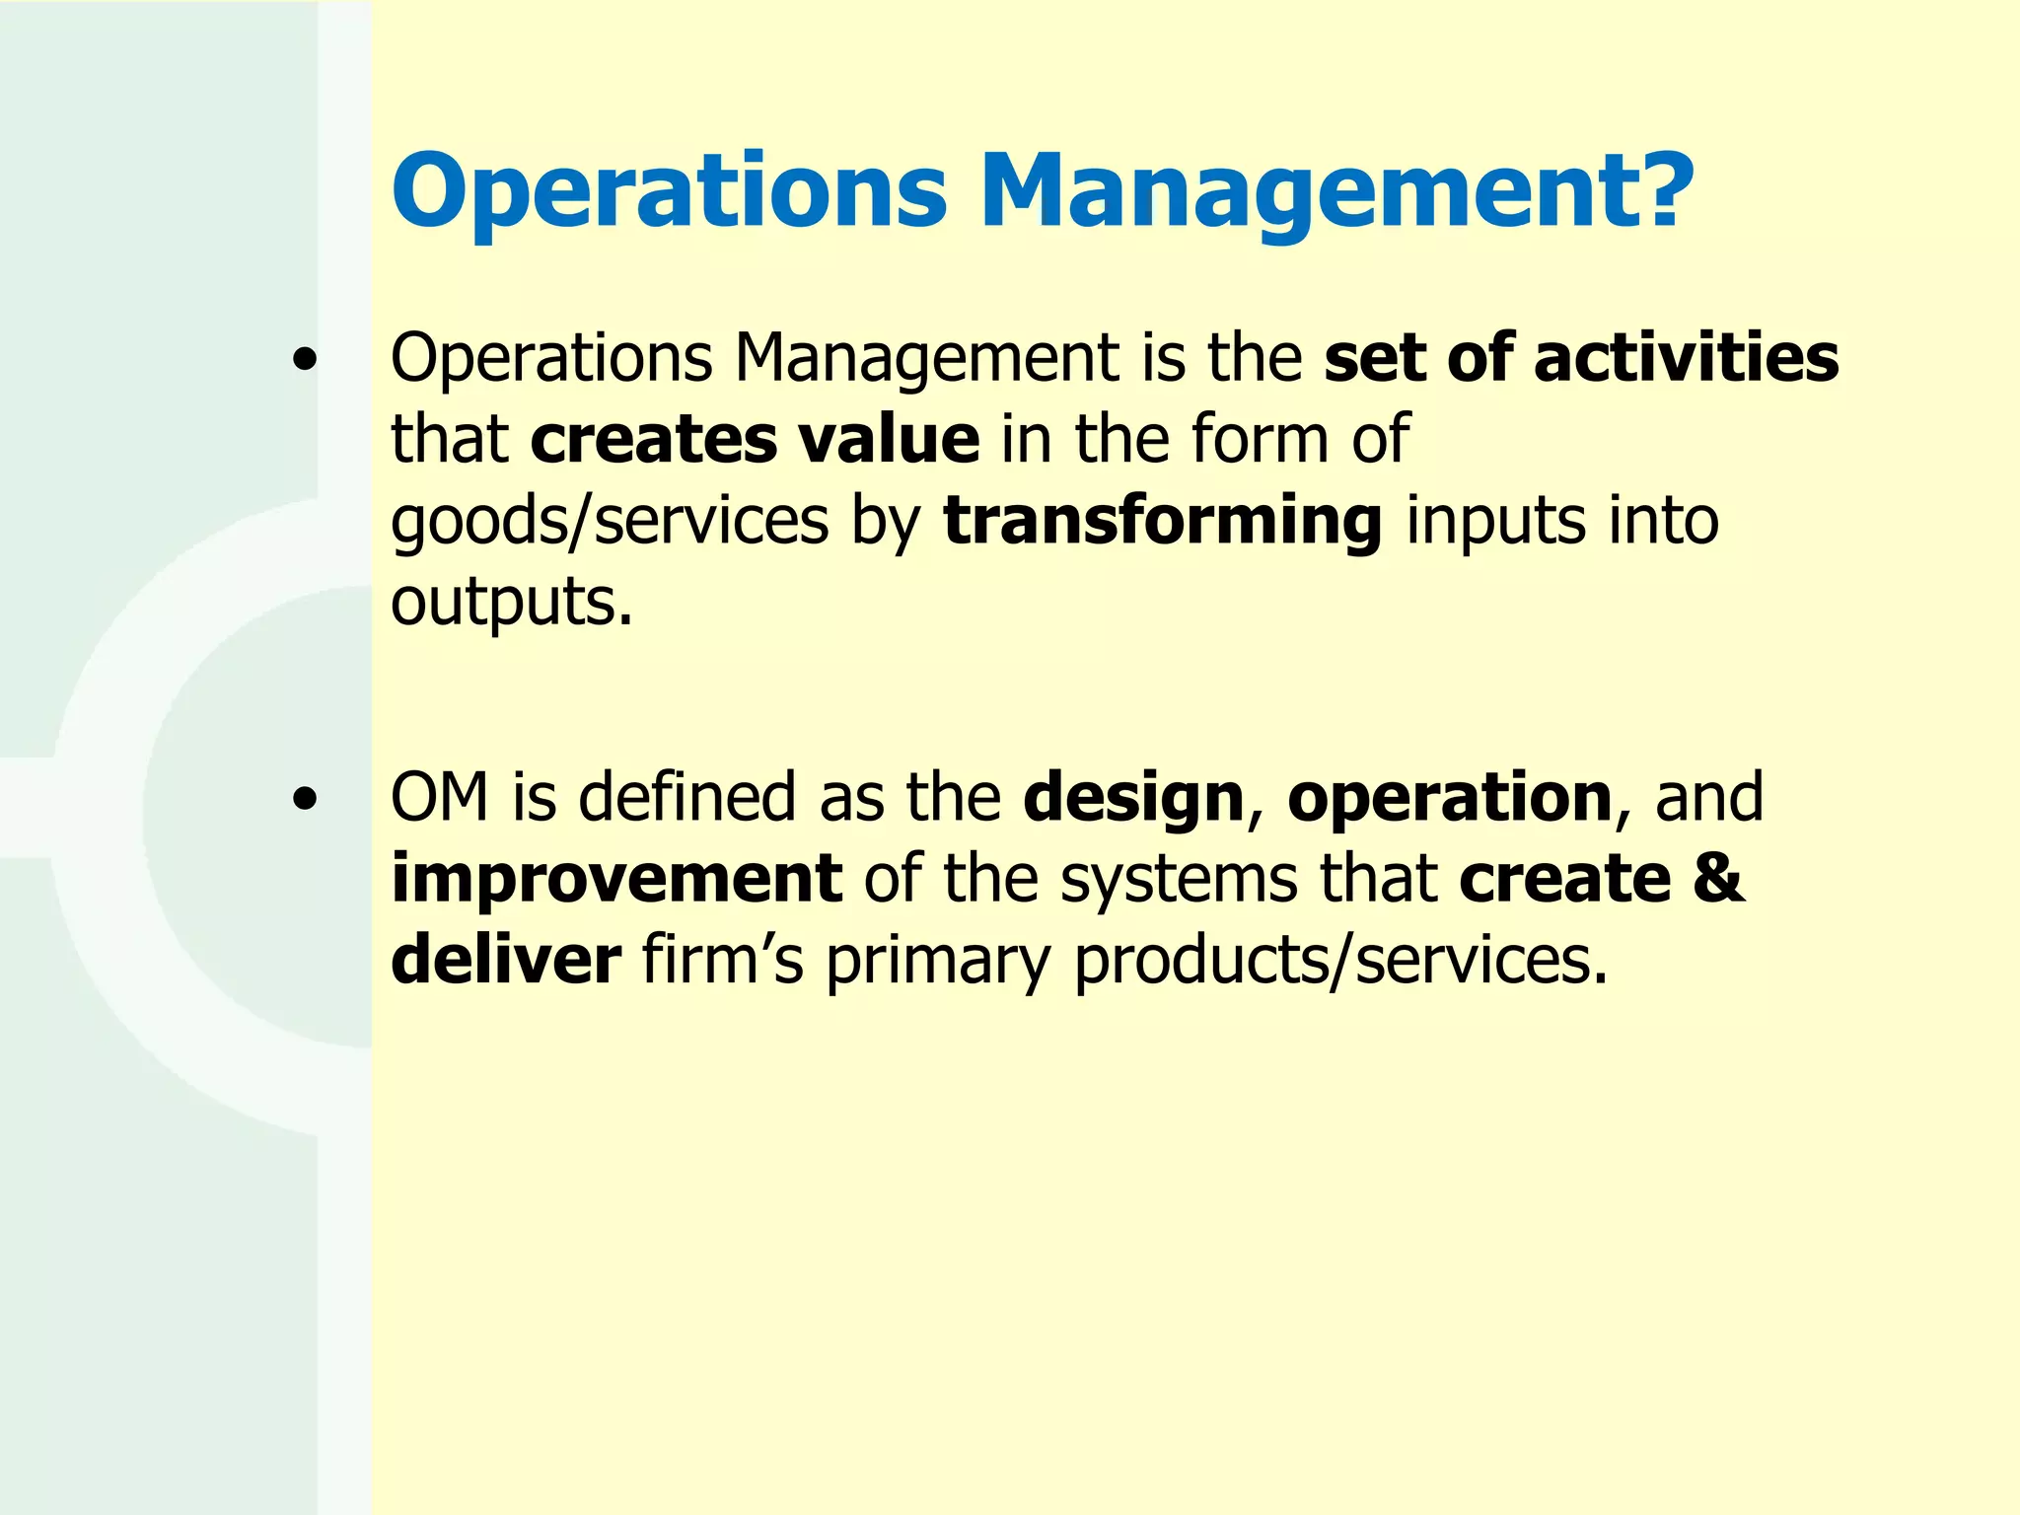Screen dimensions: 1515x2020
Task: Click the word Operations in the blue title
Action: pos(669,190)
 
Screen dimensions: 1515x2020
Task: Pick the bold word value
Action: pos(889,439)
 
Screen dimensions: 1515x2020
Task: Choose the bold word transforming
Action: pos(1163,521)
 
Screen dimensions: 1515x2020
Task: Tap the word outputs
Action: pos(509,602)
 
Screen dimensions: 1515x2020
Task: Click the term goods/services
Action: pos(610,521)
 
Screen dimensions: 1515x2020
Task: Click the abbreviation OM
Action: pos(440,797)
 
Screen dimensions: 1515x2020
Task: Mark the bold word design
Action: pos(1133,799)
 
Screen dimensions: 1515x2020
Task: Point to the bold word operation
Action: pos(1449,797)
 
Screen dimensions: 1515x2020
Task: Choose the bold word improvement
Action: pos(616,879)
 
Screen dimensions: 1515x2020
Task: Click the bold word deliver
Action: pos(506,960)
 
